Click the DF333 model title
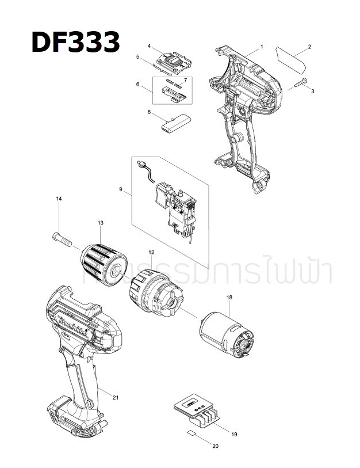tap(75, 42)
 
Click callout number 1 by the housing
tap(262, 46)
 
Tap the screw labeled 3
tap(300, 83)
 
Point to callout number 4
tap(149, 45)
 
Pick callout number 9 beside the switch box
tap(121, 188)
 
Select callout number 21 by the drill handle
tap(116, 398)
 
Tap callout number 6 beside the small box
tap(138, 85)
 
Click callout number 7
tap(185, 79)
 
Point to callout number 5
tap(139, 56)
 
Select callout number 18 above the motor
tap(229, 297)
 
